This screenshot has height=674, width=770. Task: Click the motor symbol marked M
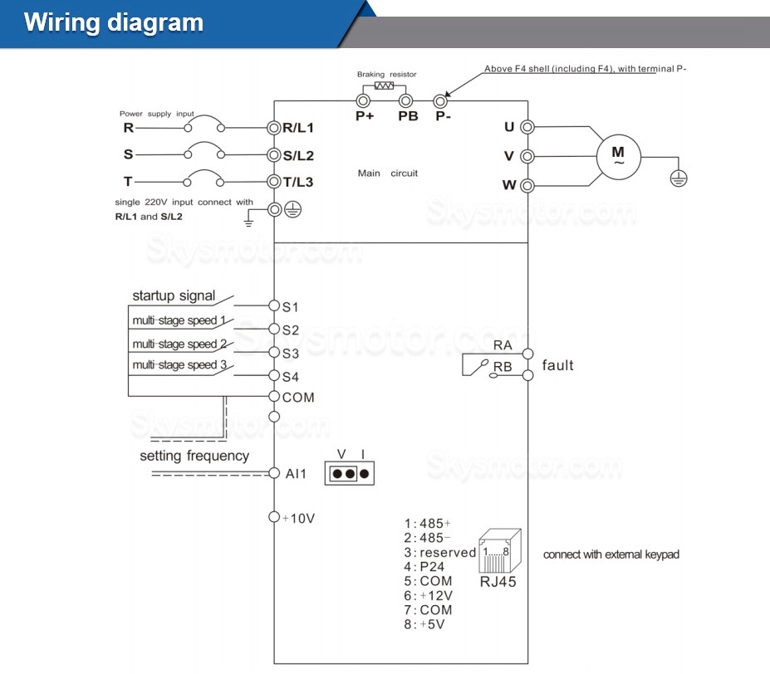618,156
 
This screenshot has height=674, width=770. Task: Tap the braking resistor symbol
385,85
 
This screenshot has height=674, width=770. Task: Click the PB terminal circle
406,100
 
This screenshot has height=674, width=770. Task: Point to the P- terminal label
444,116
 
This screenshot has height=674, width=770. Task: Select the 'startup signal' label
174,295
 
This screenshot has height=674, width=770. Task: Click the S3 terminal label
291,353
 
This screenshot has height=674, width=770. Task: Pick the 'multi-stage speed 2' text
179,344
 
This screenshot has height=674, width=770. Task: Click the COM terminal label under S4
298,398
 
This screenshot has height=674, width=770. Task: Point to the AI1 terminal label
297,474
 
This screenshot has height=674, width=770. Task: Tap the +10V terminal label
298,518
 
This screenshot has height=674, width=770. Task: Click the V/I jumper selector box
350,474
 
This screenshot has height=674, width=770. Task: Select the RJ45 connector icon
499,549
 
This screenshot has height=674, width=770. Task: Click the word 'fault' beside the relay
558,365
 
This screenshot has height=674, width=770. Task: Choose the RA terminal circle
527,352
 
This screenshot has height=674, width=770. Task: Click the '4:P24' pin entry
424,567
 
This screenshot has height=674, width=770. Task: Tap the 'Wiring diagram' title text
114,22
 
